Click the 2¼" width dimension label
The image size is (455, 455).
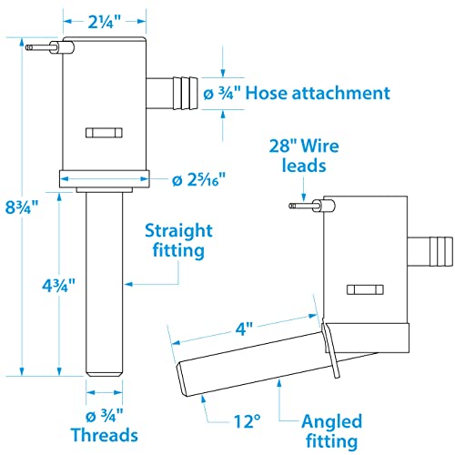pos(105,22)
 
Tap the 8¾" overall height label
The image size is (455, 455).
pos(22,207)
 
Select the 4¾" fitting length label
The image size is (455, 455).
pos(58,285)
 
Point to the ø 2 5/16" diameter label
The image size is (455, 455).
pos(199,180)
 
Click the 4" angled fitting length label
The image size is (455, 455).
pos(244,329)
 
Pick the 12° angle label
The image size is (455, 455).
pos(247,421)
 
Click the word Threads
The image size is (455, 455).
pos(105,435)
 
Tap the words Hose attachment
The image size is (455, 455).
pos(318,93)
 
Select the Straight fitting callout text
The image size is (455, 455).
pos(179,240)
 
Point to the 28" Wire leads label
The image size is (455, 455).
pos(304,156)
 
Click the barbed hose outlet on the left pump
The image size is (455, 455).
pos(172,93)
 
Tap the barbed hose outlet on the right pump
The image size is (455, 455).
pos(430,251)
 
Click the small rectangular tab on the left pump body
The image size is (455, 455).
pos(104,133)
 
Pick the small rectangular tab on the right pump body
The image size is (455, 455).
pos(365,289)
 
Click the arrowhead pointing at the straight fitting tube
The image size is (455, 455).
pos(129,284)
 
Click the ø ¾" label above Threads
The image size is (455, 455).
pos(104,416)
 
